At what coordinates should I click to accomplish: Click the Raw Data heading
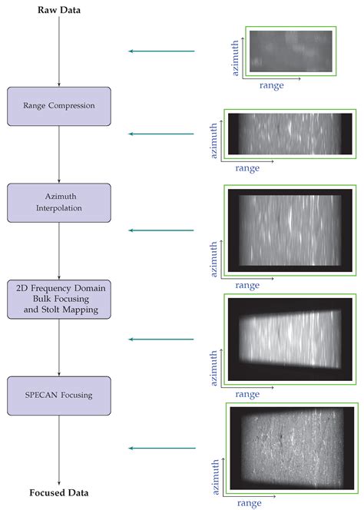(x=58, y=10)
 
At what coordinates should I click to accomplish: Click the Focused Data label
(x=58, y=492)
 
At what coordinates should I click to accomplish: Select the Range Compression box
(x=59, y=106)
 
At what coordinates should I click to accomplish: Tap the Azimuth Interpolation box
(x=59, y=203)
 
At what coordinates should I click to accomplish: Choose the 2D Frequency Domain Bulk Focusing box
(x=59, y=300)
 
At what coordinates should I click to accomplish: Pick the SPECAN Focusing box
(x=59, y=396)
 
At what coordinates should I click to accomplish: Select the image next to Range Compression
(x=288, y=134)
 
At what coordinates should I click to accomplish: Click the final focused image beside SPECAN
(x=293, y=448)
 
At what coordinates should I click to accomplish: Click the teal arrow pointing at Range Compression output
(x=161, y=134)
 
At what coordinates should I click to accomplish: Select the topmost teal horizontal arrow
(x=161, y=51)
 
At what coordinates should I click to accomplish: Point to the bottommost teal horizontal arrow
(x=161, y=448)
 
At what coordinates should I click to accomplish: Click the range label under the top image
(x=270, y=85)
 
